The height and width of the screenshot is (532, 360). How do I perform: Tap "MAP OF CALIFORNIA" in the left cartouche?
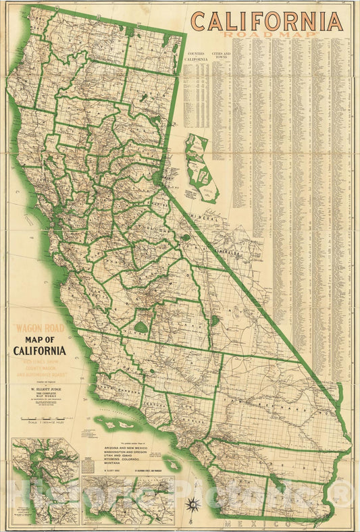point(40,345)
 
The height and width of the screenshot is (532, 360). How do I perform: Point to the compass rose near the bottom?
point(195,503)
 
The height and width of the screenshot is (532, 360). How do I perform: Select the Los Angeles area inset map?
point(128,500)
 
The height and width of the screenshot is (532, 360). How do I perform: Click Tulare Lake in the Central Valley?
point(140,327)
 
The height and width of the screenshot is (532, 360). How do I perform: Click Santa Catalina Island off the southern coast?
point(172,464)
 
